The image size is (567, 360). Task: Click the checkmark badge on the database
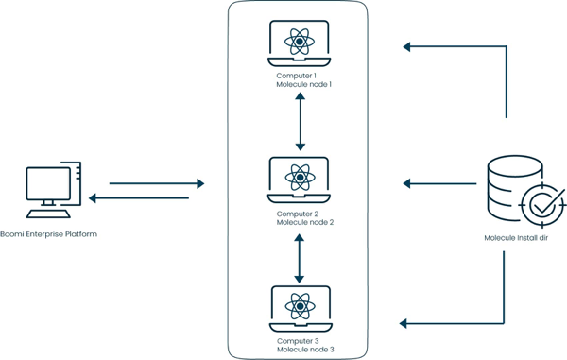(x=542, y=202)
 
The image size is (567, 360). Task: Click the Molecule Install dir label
(x=517, y=239)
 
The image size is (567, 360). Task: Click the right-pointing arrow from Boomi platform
(x=156, y=183)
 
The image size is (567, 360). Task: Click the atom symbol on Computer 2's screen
(x=301, y=175)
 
